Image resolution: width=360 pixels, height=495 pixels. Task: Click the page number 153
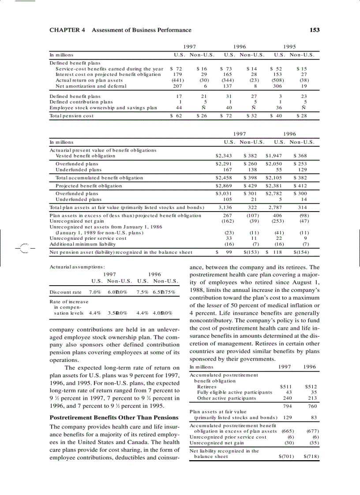tap(314, 30)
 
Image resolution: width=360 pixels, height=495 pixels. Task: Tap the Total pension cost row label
tap(71, 116)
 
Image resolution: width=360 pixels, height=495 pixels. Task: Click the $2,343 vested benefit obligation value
tap(224, 156)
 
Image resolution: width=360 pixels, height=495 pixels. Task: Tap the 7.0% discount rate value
tap(96, 292)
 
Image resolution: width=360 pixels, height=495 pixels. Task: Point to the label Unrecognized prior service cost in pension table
tap(88, 238)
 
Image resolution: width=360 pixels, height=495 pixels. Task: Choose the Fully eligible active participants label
tap(235, 392)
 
